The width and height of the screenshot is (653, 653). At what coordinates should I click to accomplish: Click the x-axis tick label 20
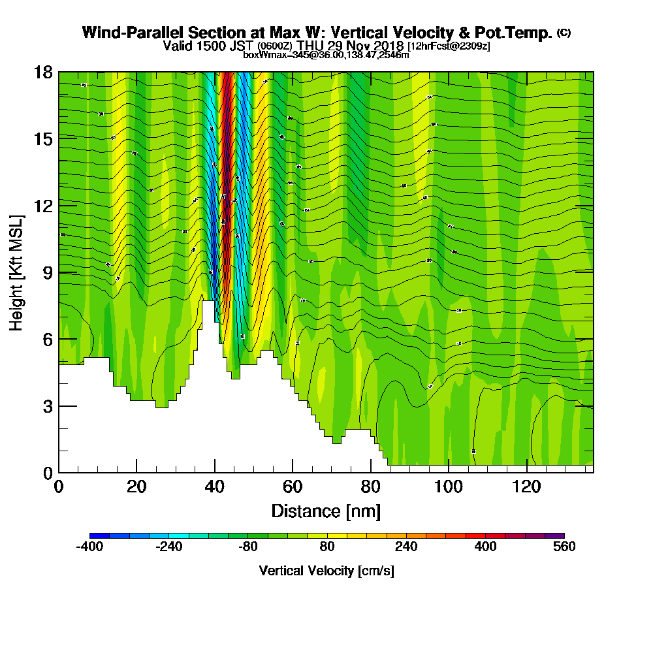(136, 487)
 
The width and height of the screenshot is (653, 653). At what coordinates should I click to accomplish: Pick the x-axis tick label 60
(293, 487)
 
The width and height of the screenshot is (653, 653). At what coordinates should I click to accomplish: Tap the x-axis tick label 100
(449, 487)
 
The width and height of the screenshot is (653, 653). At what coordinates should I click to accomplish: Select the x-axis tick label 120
(527, 487)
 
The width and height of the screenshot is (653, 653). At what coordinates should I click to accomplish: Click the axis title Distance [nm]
(326, 511)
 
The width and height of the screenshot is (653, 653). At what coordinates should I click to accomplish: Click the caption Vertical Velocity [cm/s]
(326, 571)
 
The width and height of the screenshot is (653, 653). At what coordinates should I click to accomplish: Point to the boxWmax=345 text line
(326, 55)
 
